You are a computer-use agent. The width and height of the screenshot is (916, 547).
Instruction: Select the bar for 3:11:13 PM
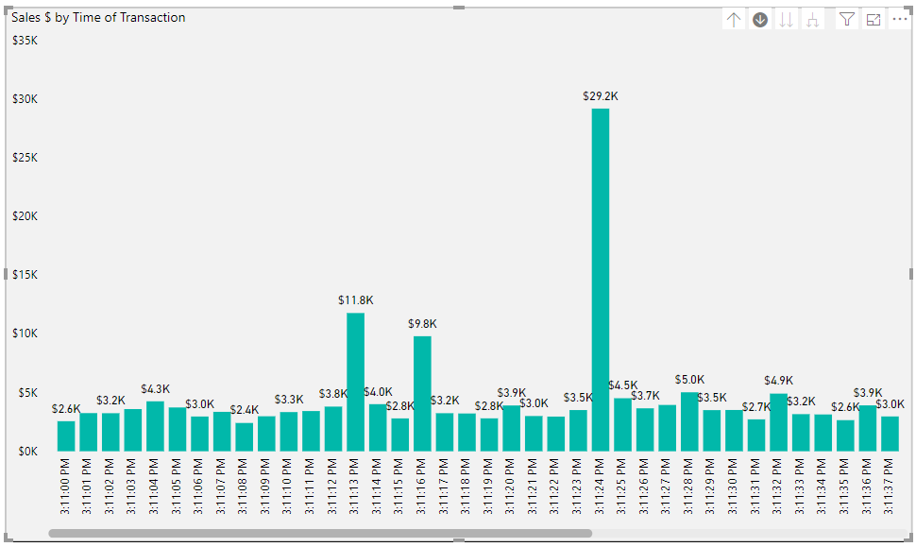(x=355, y=382)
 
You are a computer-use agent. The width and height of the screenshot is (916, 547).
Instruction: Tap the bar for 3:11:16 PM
(x=422, y=393)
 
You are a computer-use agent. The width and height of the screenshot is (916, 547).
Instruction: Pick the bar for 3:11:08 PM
(x=244, y=436)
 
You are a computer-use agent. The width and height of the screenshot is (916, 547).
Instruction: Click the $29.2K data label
(x=601, y=96)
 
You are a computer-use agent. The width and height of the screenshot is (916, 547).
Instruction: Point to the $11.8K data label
(x=356, y=300)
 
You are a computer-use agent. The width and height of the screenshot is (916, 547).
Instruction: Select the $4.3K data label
(x=156, y=389)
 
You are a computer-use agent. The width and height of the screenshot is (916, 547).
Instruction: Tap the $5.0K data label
(x=689, y=380)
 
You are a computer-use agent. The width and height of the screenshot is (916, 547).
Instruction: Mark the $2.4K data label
(x=245, y=410)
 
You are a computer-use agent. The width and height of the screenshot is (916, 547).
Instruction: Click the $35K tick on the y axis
(x=25, y=41)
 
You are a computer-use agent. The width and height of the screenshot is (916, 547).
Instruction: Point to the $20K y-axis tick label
(x=25, y=216)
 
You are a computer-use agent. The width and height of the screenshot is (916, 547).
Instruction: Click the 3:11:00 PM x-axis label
(x=66, y=486)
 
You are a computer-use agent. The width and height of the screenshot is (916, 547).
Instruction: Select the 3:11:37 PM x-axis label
(x=890, y=486)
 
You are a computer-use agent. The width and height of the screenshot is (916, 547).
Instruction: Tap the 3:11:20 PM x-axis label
(x=511, y=486)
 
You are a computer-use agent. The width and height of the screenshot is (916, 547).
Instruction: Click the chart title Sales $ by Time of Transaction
(x=98, y=18)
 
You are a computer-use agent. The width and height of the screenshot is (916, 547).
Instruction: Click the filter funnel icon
(x=847, y=20)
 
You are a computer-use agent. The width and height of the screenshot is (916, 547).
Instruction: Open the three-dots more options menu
(x=899, y=20)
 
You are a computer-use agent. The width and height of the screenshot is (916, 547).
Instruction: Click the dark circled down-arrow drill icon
(x=760, y=20)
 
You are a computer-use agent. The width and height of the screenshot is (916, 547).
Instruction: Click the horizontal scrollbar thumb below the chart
(x=320, y=534)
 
